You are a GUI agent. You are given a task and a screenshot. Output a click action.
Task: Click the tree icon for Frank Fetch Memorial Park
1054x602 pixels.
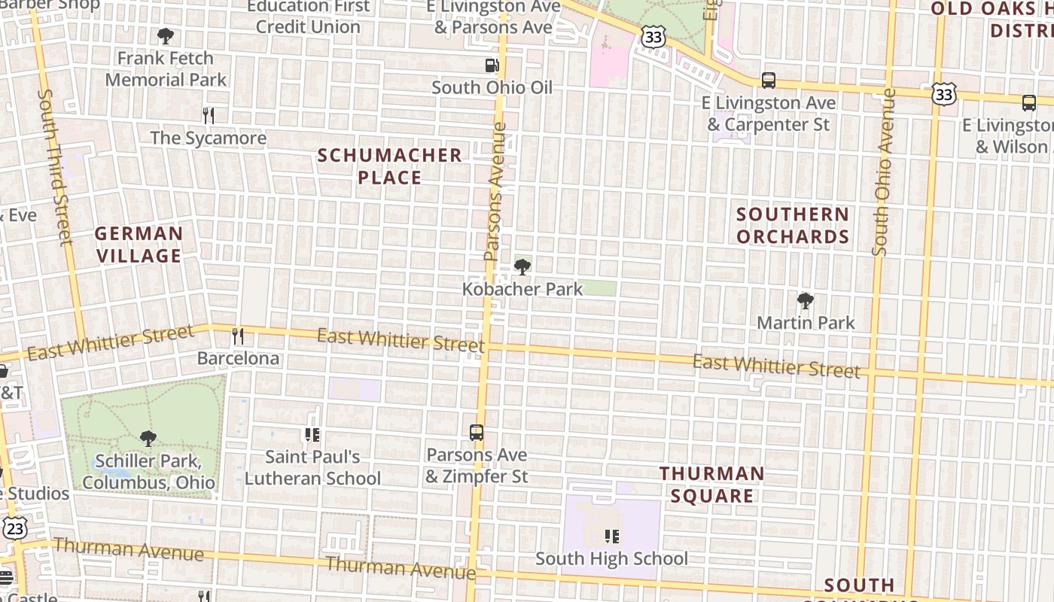[165, 35]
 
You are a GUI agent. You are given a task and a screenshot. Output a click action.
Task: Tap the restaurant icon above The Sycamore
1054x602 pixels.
[209, 115]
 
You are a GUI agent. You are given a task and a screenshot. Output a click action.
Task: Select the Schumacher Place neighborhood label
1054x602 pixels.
[389, 166]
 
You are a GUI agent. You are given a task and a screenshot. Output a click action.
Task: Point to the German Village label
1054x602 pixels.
[139, 245]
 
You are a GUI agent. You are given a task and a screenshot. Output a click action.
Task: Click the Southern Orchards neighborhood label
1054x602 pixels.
[793, 226]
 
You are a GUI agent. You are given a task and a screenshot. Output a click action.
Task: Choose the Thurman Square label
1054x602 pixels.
[712, 485]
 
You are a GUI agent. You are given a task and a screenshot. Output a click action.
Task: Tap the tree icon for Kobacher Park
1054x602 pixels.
[522, 267]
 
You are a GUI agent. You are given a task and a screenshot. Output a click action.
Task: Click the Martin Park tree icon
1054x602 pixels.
[806, 301]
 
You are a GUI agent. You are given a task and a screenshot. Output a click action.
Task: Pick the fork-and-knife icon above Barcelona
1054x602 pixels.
[238, 336]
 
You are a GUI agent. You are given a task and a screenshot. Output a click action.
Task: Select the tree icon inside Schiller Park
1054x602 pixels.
[148, 438]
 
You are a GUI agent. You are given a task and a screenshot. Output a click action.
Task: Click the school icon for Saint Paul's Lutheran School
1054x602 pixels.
[312, 435]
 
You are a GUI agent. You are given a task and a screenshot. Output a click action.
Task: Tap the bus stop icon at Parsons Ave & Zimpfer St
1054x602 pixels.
[477, 433]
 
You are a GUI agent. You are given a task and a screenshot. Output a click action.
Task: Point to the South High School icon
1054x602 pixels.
[611, 536]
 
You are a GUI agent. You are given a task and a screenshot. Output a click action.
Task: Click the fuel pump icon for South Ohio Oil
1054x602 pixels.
[492, 65]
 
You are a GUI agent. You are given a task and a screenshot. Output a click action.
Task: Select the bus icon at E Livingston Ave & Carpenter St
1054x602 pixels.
[769, 80]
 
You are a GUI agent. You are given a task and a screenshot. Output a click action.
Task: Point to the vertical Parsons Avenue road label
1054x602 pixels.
[495, 192]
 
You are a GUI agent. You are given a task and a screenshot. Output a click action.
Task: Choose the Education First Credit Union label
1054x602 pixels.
[308, 17]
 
